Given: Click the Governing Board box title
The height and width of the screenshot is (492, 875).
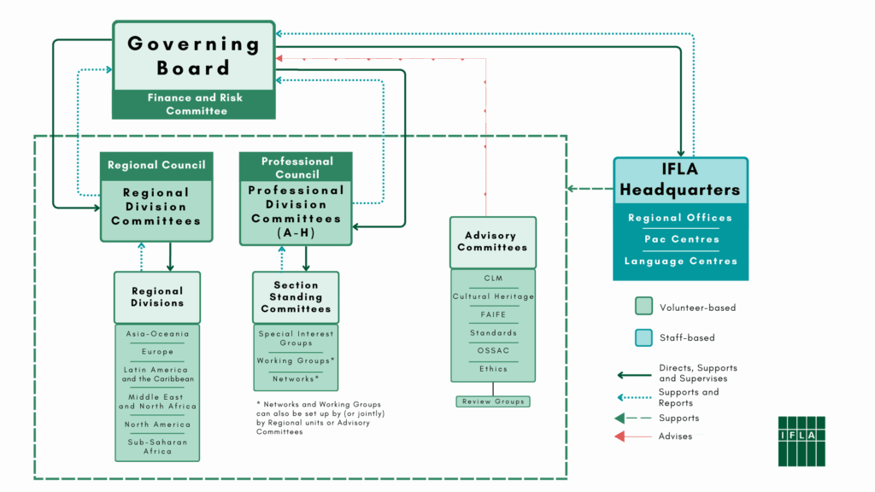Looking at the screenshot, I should [x=193, y=56].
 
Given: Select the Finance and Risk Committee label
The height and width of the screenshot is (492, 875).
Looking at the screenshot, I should [x=194, y=104].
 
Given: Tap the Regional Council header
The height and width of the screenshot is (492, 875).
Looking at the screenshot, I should [x=156, y=165].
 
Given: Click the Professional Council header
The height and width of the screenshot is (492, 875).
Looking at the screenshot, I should [x=297, y=167].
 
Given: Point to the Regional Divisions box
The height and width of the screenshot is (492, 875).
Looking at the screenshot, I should [x=157, y=297].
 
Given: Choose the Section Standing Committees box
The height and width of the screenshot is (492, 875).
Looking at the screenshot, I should [x=296, y=297].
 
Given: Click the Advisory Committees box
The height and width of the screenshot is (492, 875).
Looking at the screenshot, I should [x=492, y=242].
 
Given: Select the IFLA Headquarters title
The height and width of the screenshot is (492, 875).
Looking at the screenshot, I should [x=680, y=180].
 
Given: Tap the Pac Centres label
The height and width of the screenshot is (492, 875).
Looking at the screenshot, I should [x=680, y=239].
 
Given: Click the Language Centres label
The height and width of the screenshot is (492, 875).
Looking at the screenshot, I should [x=680, y=261].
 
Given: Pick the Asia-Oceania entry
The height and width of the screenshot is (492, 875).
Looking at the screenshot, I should [x=157, y=334].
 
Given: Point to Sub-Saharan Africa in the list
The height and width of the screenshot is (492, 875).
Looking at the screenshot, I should [x=157, y=447].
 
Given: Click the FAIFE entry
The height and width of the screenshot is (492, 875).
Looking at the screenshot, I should [x=493, y=314].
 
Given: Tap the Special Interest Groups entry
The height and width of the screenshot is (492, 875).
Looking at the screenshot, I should [x=296, y=339].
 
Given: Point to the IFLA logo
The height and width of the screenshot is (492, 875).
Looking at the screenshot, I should [x=801, y=441].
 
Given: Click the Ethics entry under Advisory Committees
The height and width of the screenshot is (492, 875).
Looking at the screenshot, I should [x=493, y=369].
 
